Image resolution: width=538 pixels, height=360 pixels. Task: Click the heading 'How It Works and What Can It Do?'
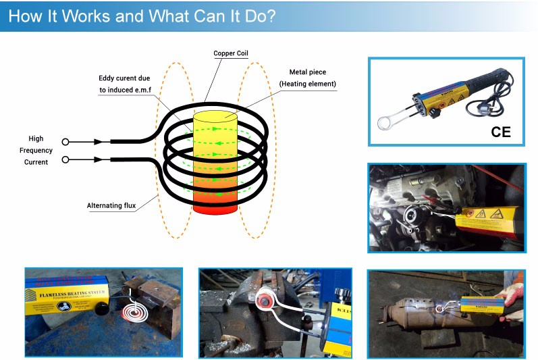pos(142,16)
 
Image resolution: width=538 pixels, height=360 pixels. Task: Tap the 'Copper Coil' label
pos(231,53)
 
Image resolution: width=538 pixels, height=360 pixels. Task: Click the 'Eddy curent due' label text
pos(124,78)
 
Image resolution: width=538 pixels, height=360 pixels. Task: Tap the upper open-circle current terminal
pos(65,142)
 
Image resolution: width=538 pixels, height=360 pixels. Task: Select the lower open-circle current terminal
pos(65,160)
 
